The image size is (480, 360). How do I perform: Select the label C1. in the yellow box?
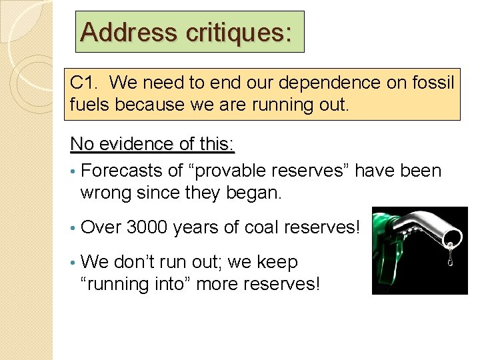(x=85, y=83)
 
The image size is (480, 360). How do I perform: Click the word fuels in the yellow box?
(x=87, y=105)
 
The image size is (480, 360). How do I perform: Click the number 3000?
(x=148, y=227)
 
